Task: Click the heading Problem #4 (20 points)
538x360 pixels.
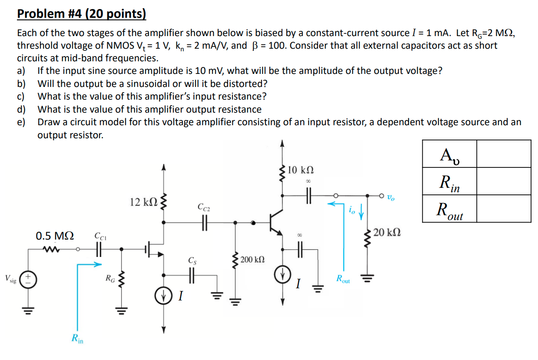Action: click(81, 14)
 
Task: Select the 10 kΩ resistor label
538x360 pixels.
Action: click(301, 170)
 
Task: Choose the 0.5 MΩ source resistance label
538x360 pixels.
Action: click(55, 236)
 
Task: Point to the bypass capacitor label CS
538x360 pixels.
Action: click(192, 261)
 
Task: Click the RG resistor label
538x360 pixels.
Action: click(110, 278)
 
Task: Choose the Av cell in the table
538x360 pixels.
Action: click(449, 153)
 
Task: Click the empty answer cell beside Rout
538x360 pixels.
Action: click(504, 209)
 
